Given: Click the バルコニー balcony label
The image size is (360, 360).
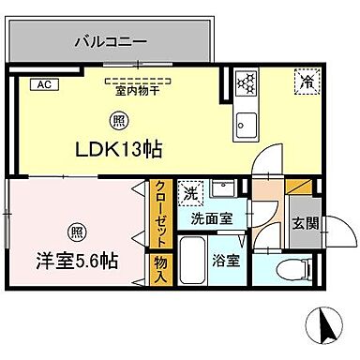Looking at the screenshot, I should click(105, 41).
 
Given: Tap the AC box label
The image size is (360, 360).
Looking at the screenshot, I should click(42, 83).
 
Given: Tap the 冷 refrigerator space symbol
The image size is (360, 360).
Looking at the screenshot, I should click(307, 82).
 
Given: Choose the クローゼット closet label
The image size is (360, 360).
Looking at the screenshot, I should click(160, 213).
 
